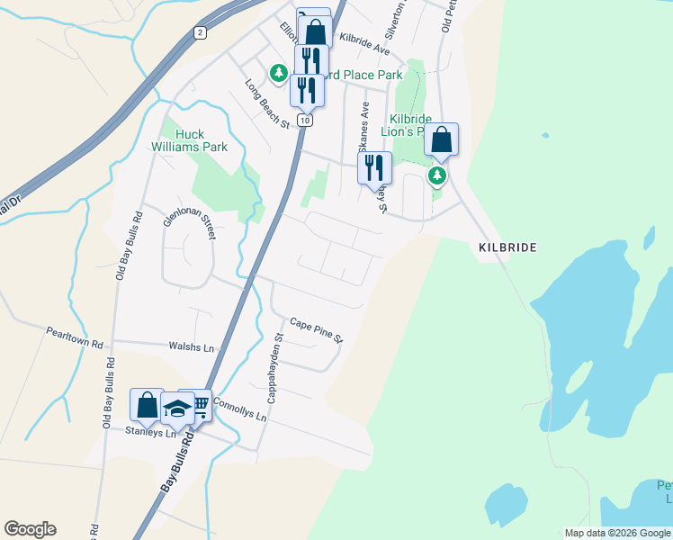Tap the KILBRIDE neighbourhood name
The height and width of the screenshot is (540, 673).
[507, 247]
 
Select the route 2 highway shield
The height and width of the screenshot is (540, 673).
[200, 32]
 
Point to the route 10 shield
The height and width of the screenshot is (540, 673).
[307, 120]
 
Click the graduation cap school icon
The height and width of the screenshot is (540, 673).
[178, 408]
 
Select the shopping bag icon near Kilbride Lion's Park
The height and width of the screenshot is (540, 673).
[441, 139]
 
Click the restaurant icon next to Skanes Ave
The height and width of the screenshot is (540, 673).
[374, 167]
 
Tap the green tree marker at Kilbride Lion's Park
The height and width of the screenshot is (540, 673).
[437, 175]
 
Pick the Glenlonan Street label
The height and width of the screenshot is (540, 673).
[188, 220]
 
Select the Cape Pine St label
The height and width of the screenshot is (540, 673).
[317, 330]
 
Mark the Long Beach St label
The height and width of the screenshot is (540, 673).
[267, 103]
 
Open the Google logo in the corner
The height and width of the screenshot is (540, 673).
[30, 529]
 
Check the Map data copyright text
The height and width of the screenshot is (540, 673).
[617, 533]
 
